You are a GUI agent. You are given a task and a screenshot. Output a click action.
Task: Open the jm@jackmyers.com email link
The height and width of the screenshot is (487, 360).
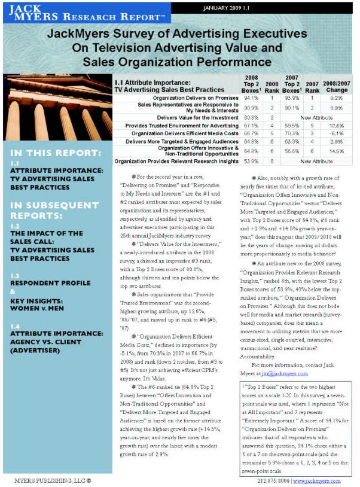[290, 373]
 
